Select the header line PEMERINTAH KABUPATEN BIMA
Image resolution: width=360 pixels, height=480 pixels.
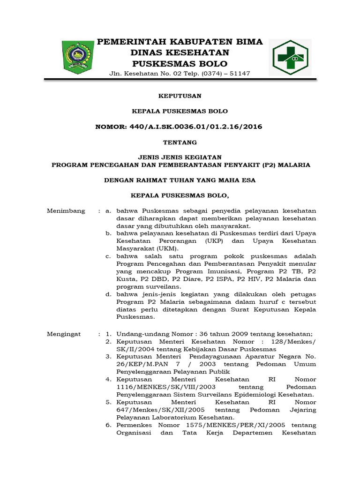[x=180, y=42]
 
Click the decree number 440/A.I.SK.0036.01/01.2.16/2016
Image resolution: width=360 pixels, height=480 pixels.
[x=179, y=127]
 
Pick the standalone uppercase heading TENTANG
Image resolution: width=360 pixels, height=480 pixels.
[x=179, y=142]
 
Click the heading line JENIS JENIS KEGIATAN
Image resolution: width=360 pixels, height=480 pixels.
[x=179, y=157]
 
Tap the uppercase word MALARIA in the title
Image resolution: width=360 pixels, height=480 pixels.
[x=294, y=165]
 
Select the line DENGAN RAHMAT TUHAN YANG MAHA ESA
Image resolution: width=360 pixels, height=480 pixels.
[x=179, y=180]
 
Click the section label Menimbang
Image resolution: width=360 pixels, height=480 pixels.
[x=66, y=211]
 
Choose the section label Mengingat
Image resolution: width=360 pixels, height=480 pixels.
[x=64, y=334]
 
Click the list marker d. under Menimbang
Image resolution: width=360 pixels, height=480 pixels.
[x=108, y=294]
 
